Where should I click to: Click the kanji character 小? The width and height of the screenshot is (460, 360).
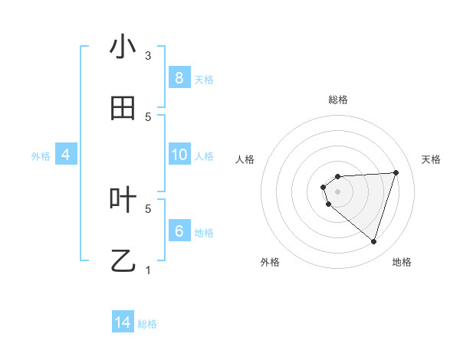(123, 47)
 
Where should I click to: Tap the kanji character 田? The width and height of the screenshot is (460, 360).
(123, 109)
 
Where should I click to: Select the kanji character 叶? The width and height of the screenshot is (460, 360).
(123, 201)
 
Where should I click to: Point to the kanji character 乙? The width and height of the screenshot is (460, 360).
(123, 262)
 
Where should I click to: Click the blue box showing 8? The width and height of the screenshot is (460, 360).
(179, 78)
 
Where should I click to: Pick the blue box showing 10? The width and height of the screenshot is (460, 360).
(179, 155)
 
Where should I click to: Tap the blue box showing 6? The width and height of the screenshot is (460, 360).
(179, 231)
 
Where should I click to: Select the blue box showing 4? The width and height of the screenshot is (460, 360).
(65, 155)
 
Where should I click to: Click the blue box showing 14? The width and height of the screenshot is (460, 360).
(123, 322)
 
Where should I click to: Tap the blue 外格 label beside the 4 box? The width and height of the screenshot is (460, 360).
(41, 155)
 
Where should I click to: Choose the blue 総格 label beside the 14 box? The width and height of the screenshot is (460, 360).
(147, 323)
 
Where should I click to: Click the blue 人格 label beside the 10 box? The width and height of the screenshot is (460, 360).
(204, 155)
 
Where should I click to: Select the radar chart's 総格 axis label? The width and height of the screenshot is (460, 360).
(337, 100)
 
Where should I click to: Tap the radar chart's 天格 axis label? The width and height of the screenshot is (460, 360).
(431, 159)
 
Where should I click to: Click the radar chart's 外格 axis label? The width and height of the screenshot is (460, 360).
(269, 262)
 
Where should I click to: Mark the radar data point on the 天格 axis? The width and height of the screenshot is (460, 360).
(396, 172)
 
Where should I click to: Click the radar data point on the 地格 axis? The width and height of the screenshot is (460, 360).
(373, 241)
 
